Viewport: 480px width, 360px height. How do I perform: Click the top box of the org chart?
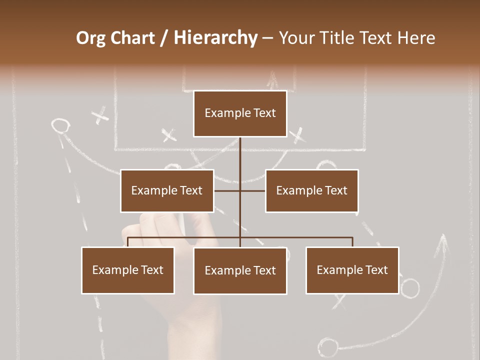click(x=240, y=113)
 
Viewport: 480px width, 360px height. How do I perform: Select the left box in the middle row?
click(x=167, y=190)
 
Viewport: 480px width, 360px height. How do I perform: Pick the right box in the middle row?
click(x=311, y=190)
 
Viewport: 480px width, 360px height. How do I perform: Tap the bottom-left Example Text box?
click(x=128, y=270)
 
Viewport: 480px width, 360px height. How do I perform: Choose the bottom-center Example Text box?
click(x=240, y=270)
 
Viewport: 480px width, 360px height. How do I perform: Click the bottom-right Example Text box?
click(x=352, y=270)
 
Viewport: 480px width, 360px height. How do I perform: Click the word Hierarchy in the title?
click(x=215, y=38)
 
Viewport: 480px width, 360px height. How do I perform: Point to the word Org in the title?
click(x=91, y=38)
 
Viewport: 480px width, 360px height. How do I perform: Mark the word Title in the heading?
click(x=339, y=38)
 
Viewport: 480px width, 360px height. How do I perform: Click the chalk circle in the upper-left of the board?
click(x=60, y=125)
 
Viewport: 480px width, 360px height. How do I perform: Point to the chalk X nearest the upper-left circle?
click(x=101, y=115)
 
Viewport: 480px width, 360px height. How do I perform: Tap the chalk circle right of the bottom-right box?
click(x=410, y=288)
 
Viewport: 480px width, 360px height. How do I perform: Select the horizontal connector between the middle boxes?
click(x=239, y=190)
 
